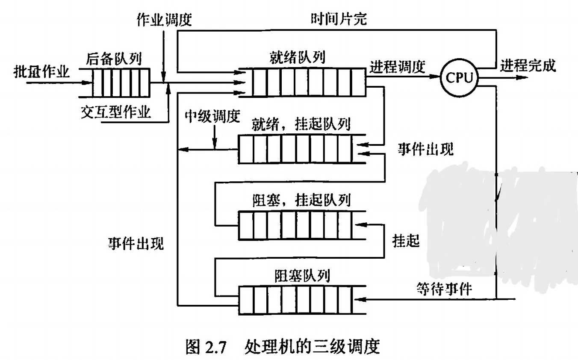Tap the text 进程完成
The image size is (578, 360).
coord(529,66)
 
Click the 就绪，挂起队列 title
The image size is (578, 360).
coord(301,124)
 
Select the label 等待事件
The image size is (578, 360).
coord(443,289)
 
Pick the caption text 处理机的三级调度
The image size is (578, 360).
coord(313,344)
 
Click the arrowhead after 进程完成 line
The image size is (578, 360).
coord(521,78)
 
